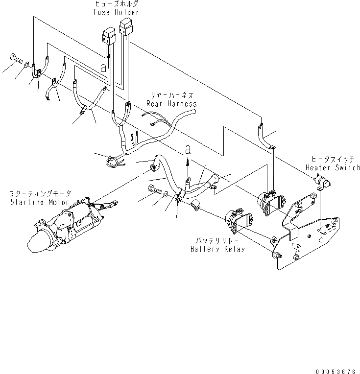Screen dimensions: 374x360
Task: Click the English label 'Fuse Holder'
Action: (116, 12)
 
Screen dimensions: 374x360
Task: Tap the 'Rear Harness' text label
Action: (171, 104)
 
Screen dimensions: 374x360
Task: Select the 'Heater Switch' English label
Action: (333, 167)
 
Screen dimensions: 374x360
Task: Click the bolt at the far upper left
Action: (14, 59)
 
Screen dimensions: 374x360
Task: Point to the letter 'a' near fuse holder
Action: (103, 68)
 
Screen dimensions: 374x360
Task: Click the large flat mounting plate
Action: (309, 240)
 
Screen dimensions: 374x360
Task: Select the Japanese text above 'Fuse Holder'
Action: (116, 4)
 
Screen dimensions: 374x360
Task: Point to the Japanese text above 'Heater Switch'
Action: (333, 160)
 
